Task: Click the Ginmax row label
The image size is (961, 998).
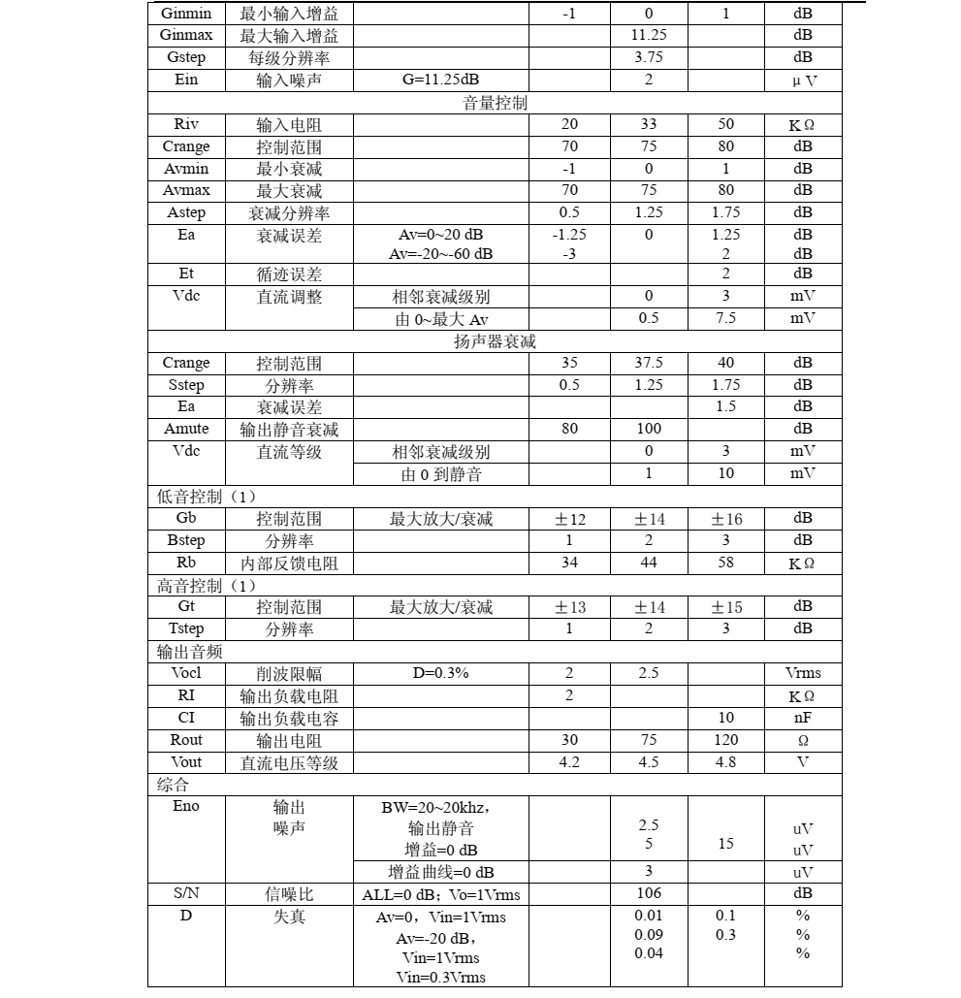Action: (x=186, y=35)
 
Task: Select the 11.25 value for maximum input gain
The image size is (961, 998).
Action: (x=648, y=35)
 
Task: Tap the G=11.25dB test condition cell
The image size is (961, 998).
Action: (x=440, y=80)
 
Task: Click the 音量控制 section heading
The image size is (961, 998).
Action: (x=495, y=102)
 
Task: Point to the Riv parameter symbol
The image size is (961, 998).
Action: (x=186, y=124)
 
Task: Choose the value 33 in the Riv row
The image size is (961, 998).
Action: (x=648, y=124)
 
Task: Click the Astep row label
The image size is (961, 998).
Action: (x=186, y=212)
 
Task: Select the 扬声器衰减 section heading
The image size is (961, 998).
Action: (x=495, y=341)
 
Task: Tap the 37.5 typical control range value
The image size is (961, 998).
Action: (x=648, y=363)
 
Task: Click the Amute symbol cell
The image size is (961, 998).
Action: (x=186, y=429)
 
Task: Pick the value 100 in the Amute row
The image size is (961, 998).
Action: (x=648, y=429)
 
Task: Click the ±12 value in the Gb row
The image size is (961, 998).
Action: (x=569, y=519)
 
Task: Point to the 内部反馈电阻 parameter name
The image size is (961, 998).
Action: (x=289, y=563)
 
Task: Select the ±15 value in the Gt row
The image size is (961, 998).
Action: (x=726, y=607)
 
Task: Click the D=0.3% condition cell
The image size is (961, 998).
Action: (x=440, y=673)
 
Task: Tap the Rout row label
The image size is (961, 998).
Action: (x=186, y=740)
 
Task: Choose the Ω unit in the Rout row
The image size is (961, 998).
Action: (x=802, y=740)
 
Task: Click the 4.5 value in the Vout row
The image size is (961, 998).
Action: (x=648, y=762)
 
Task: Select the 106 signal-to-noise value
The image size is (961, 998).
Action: (x=648, y=893)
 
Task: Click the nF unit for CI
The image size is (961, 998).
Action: (x=802, y=718)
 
